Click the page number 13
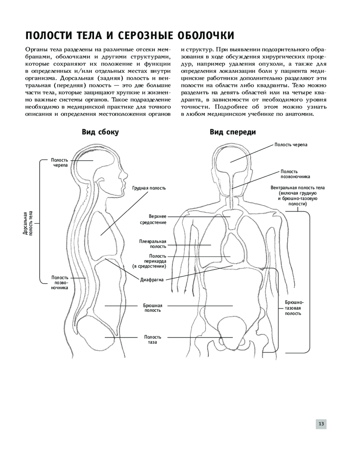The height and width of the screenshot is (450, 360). [321, 423]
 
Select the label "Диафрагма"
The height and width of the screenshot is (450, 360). [152, 279]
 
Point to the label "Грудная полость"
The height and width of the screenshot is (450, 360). [149, 188]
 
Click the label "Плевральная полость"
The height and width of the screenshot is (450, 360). [153, 244]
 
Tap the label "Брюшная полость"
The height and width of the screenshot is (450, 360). [153, 308]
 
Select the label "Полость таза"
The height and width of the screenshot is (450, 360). [153, 340]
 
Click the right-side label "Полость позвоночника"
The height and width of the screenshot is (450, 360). [295, 174]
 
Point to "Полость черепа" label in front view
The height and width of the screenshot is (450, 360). [291, 144]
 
